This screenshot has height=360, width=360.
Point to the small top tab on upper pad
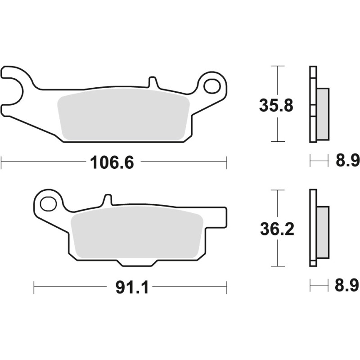pyautogui.click(x=153, y=83)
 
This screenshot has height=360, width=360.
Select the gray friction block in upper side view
pyautogui.click(x=323, y=113)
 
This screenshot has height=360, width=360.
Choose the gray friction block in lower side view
pyautogui.click(x=323, y=233)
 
